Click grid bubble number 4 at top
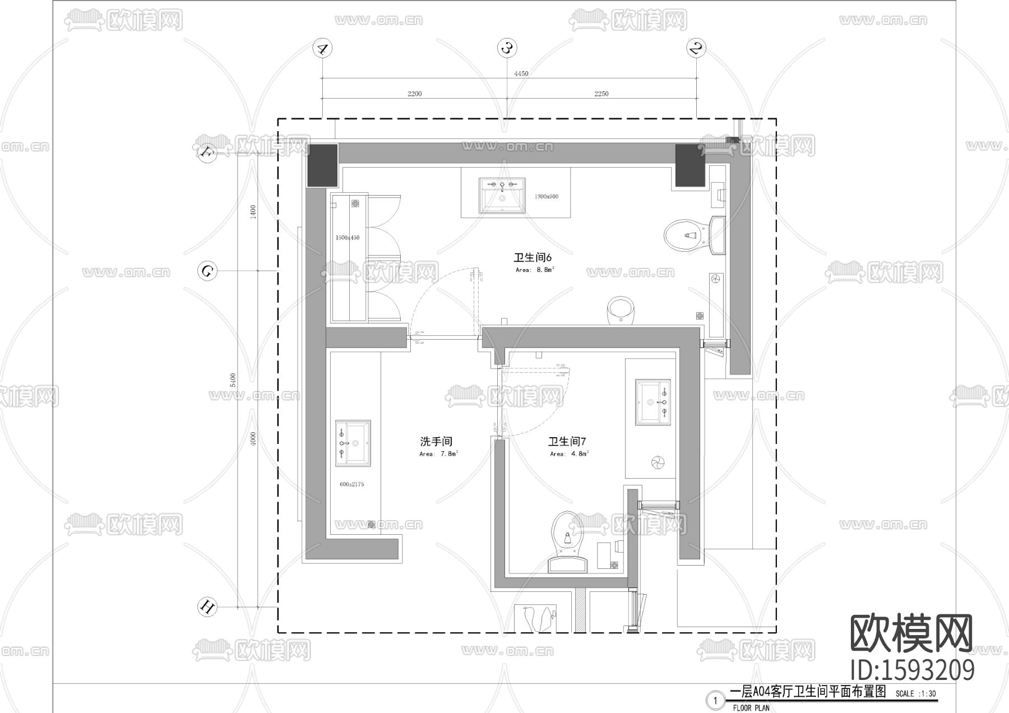tap(322, 48)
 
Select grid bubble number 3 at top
tap(507, 48)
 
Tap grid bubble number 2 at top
tap(696, 48)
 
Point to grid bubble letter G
tap(207, 272)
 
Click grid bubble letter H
tap(207, 607)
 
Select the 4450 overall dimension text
tap(521, 73)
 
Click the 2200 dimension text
tap(414, 94)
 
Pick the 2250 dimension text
tap(601, 94)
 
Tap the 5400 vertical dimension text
tap(233, 379)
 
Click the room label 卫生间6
tap(533, 257)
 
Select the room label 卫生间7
tap(567, 442)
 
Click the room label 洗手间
tap(436, 442)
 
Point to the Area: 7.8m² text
tap(439, 454)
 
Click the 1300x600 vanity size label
tap(546, 197)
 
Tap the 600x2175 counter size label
tap(351, 484)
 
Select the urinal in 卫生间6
tap(621, 311)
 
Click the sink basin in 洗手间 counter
tap(353, 443)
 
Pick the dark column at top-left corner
tap(322, 165)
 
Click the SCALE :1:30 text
tap(915, 693)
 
